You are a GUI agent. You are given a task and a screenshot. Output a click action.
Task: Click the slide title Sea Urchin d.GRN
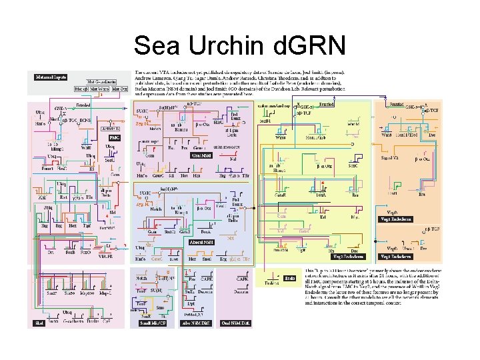click(239, 45)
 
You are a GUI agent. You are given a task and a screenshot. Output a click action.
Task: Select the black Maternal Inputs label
click(51, 77)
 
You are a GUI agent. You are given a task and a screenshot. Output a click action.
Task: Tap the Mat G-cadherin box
click(101, 81)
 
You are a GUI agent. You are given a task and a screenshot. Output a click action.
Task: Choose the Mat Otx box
click(119, 88)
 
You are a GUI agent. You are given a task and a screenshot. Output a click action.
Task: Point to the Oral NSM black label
click(201, 155)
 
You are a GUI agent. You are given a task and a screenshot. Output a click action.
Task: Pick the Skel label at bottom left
click(39, 323)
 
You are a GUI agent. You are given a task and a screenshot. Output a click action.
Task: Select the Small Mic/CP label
click(152, 323)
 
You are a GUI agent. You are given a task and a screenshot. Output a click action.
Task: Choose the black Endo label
click(290, 278)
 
